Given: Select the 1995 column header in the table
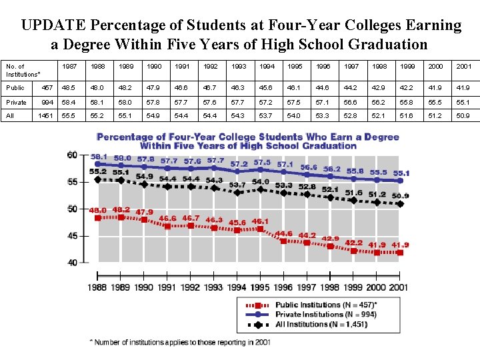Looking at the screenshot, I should [x=294, y=67].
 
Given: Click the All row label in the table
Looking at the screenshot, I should [x=10, y=116].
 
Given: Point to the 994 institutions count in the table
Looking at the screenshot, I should [x=47, y=103].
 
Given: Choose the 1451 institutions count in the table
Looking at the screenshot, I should [x=46, y=116].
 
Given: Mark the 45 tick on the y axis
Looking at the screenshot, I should [x=71, y=235].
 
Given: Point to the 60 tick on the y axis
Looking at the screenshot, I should [x=71, y=155].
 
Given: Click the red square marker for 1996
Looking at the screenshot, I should [x=284, y=241].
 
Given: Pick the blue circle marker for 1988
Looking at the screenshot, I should [x=98, y=163].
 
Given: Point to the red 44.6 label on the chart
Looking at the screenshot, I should [x=284, y=233].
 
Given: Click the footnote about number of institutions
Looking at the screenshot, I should [x=180, y=341].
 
